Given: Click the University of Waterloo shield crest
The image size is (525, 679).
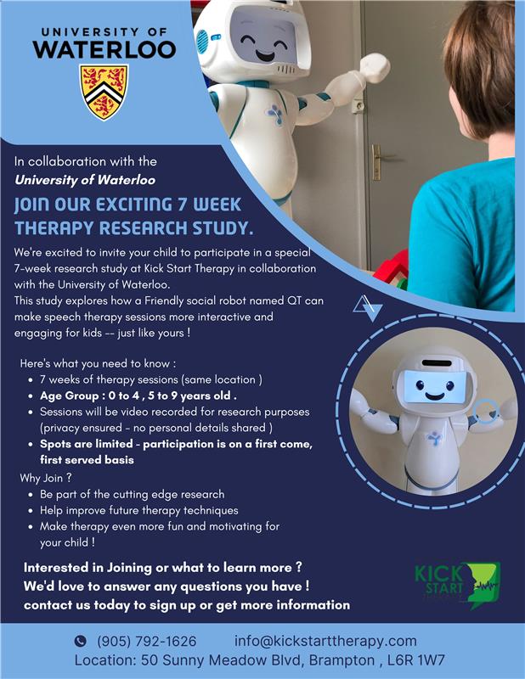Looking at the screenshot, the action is (104, 92).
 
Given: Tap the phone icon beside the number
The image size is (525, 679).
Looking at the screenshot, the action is (81, 641).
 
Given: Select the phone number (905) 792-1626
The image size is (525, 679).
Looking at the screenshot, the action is (146, 641).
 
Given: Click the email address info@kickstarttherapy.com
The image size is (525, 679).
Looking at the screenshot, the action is (325, 641).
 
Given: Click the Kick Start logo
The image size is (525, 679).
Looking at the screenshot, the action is (457, 584).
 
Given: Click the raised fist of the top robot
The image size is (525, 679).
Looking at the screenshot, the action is (375, 68).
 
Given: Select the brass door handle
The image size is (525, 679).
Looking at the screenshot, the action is (378, 161).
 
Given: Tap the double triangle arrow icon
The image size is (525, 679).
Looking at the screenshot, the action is (368, 308).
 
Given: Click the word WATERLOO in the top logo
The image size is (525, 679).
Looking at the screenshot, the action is (104, 49).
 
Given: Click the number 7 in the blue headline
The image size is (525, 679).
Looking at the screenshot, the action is (181, 205).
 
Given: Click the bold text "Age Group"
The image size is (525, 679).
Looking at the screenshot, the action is (70, 396).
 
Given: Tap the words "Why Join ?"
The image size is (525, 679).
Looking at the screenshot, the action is (46, 478).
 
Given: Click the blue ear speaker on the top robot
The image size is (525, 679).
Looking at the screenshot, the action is (202, 42).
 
